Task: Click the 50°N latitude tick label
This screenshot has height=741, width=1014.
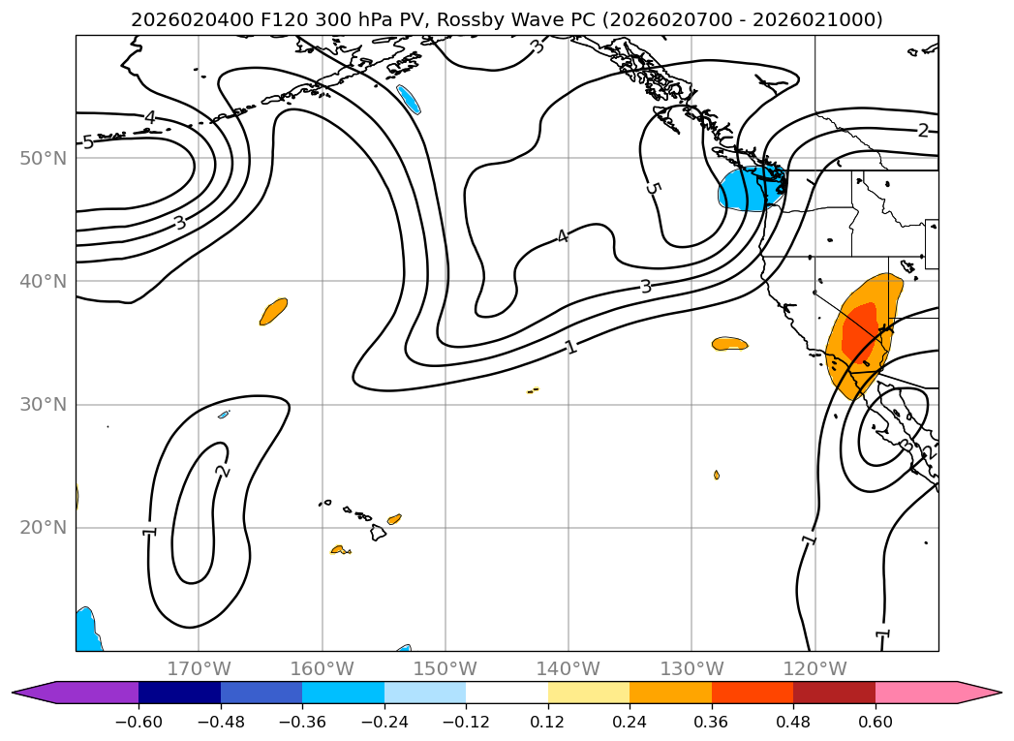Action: [x=44, y=159]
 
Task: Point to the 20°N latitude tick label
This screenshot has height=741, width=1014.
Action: [x=44, y=528]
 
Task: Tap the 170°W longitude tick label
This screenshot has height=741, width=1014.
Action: [x=199, y=668]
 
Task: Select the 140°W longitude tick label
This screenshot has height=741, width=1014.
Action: [x=568, y=668]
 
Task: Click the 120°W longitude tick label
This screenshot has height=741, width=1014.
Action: [x=814, y=668]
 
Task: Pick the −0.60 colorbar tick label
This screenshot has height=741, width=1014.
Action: [x=138, y=722]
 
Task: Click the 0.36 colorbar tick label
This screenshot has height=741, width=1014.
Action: [x=712, y=722]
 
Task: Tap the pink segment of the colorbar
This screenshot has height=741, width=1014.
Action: [x=916, y=693]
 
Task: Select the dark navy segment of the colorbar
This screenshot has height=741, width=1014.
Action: [x=180, y=693]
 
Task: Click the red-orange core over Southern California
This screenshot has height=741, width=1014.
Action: [x=861, y=331]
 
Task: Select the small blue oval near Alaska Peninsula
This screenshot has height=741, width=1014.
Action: [x=409, y=99]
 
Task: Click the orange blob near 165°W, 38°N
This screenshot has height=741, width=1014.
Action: [x=273, y=311]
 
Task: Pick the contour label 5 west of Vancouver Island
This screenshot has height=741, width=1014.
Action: [x=653, y=189]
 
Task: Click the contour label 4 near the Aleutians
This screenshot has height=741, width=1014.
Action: [x=150, y=117]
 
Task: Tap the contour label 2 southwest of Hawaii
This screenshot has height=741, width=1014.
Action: [x=223, y=471]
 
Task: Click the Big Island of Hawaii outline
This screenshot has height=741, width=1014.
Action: [x=379, y=532]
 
